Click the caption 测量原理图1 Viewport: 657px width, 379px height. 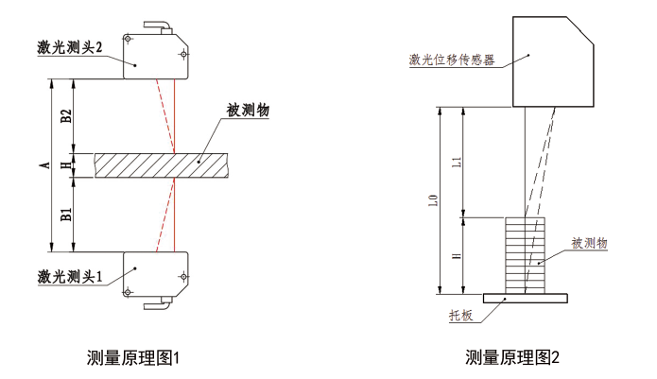(x=132, y=358)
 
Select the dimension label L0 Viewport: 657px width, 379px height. (x=435, y=201)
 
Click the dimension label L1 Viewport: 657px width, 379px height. (x=458, y=162)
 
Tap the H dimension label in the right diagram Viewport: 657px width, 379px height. (x=458, y=255)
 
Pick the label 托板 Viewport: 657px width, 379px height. (x=460, y=315)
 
